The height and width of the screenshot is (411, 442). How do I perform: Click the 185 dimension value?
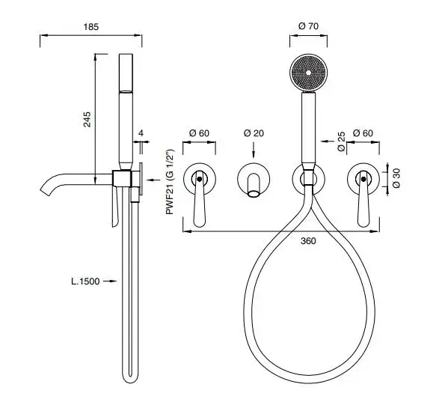(x=91, y=27)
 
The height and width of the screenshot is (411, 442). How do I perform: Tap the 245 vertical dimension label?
(x=88, y=119)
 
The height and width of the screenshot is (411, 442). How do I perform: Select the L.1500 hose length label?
(x=85, y=281)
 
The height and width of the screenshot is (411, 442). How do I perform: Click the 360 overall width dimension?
(x=308, y=241)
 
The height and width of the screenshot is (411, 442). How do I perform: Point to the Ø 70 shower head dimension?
(x=308, y=26)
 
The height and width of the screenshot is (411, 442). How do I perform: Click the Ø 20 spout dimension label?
(x=254, y=133)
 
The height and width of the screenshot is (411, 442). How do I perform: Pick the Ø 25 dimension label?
(x=341, y=141)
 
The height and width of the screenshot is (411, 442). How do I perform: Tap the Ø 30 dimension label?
(x=396, y=178)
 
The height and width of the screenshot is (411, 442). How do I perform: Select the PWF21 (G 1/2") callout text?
(x=170, y=182)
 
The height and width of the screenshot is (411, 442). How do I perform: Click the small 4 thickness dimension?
(x=141, y=133)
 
